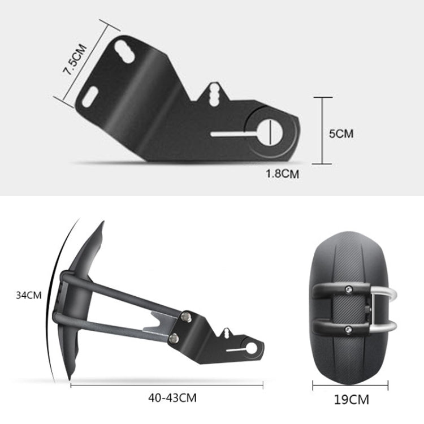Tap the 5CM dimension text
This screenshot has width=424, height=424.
[341, 134]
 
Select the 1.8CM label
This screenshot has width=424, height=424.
[282, 174]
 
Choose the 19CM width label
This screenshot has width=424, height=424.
[351, 400]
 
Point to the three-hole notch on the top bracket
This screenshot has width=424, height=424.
[214, 93]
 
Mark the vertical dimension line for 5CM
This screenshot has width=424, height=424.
[323, 131]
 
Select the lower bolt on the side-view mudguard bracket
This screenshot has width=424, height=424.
[174, 338]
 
